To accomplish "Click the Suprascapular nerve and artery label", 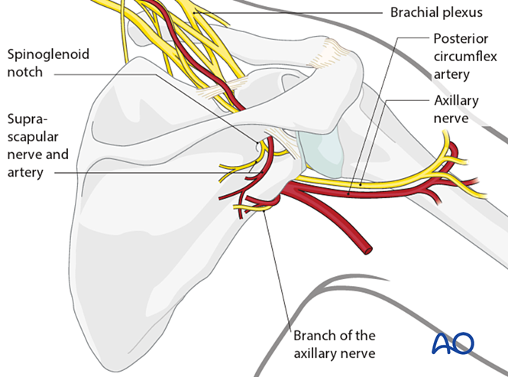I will [37, 146].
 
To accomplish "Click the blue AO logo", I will [453, 343].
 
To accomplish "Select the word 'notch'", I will [24, 73].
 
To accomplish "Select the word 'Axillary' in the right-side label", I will [458, 102].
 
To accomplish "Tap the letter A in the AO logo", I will [443, 343].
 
